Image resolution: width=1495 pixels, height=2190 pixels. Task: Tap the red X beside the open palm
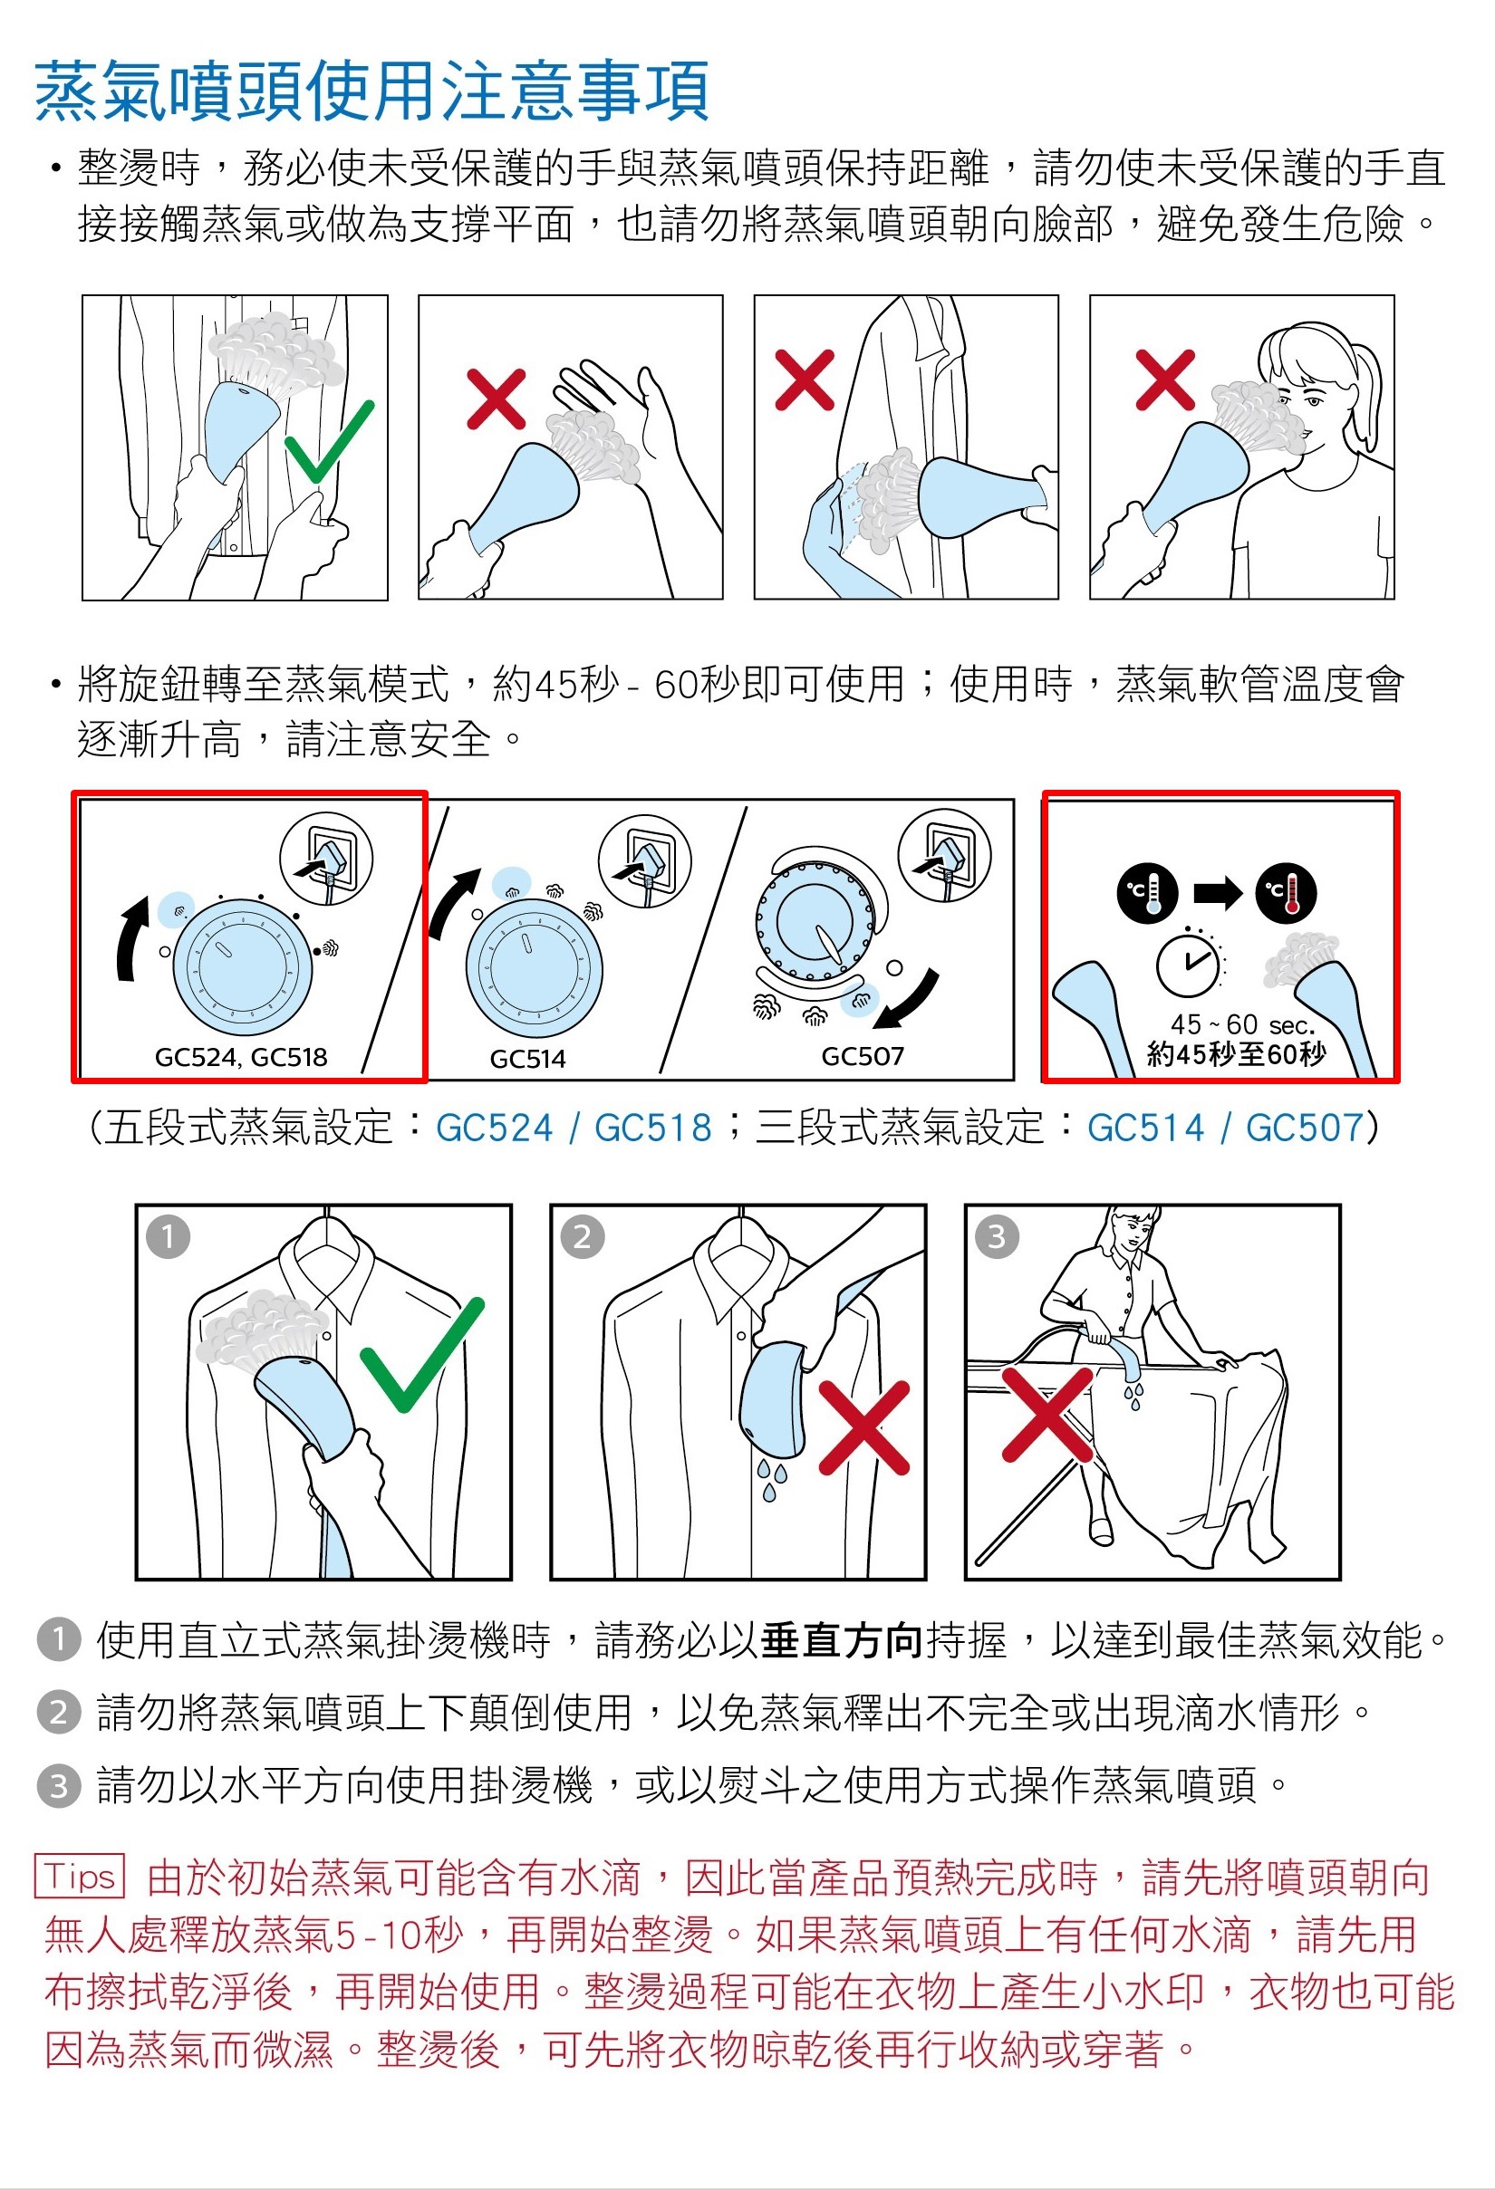(x=496, y=399)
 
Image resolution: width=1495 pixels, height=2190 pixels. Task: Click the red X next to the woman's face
(x=1166, y=379)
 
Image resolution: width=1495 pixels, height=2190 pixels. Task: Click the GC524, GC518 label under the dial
(x=241, y=1056)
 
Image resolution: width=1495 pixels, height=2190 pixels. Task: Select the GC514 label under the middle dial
(x=528, y=1058)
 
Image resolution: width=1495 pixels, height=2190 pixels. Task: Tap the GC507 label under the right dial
(x=863, y=1055)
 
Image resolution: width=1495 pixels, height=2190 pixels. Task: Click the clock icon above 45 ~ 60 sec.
(x=1189, y=962)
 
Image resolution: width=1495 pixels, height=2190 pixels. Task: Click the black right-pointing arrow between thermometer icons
(x=1218, y=891)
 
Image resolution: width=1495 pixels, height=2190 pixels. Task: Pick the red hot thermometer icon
(x=1286, y=891)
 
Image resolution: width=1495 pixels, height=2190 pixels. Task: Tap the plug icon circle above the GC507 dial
(x=944, y=857)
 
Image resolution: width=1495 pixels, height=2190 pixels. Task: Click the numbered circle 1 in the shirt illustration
(x=169, y=1236)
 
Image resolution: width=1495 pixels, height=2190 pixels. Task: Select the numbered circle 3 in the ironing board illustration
(x=997, y=1236)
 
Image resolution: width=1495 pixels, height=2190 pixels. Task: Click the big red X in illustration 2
(x=864, y=1427)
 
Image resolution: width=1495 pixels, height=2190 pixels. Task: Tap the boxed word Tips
(x=80, y=1877)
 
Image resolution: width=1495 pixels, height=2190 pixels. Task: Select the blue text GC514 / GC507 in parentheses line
(x=1225, y=1127)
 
